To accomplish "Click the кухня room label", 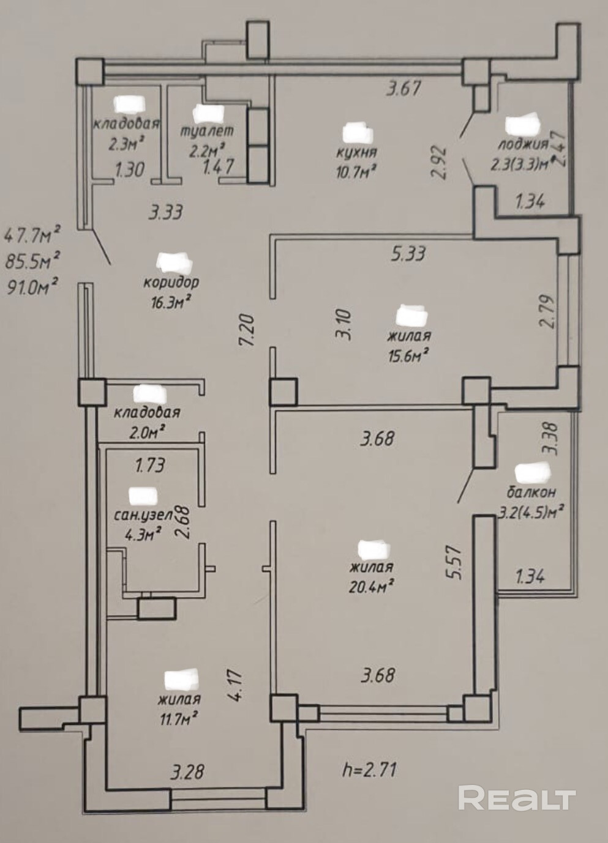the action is [x=356, y=153].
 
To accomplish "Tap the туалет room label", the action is [x=208, y=130].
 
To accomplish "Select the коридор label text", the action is [x=171, y=282].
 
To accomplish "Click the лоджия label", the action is [x=522, y=144].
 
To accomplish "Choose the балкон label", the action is [x=531, y=492].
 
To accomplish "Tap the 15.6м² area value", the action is [x=409, y=354].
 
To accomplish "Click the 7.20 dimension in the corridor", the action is [x=249, y=331].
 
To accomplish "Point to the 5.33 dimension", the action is [x=409, y=253].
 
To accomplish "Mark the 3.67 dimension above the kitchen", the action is [x=403, y=89].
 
